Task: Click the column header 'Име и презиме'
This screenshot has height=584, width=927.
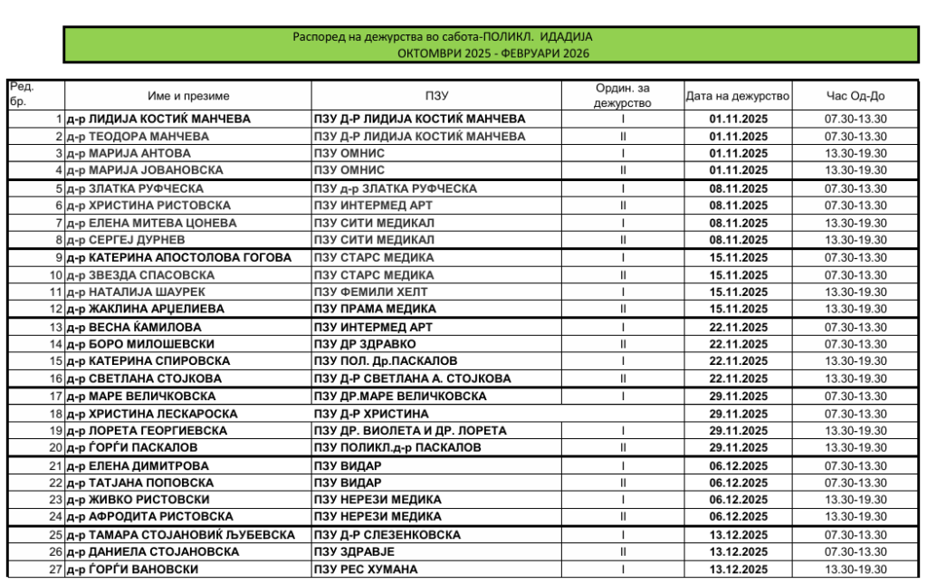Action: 188,96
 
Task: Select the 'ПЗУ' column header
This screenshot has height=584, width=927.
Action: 436,96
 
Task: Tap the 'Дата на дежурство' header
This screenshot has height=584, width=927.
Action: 738,96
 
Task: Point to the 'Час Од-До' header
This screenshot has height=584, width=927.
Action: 855,96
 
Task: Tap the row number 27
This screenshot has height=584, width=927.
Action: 56,570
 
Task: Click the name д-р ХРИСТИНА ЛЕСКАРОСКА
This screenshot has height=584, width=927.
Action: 151,414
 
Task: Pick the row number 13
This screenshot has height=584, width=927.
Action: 56,327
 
